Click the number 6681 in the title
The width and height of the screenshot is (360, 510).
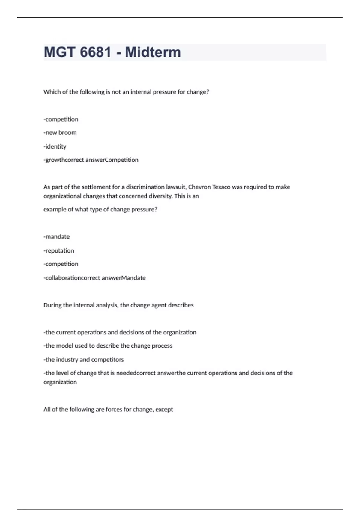pyautogui.click(x=96, y=52)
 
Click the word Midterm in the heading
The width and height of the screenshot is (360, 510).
pyautogui.click(x=153, y=52)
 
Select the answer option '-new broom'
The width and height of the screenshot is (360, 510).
pyautogui.click(x=60, y=133)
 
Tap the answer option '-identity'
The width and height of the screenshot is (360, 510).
pyautogui.click(x=55, y=146)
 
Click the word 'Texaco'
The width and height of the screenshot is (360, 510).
pyautogui.click(x=221, y=187)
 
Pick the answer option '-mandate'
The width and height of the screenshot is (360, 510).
pyautogui.click(x=57, y=237)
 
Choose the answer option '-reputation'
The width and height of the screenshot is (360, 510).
pyautogui.click(x=59, y=250)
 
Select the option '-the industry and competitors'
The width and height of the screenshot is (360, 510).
pyautogui.click(x=84, y=359)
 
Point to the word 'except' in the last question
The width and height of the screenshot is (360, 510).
pyautogui.click(x=164, y=409)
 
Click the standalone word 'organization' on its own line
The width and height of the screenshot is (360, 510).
pyautogui.click(x=60, y=382)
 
